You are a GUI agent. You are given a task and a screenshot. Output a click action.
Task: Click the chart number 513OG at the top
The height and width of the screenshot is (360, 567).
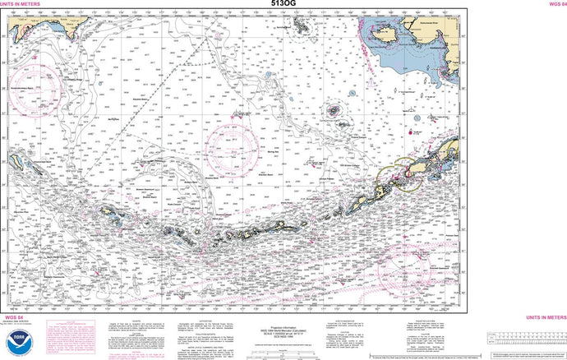[x=283, y=5]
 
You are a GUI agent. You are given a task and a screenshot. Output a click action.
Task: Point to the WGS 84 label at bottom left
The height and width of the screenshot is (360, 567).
[x=14, y=316]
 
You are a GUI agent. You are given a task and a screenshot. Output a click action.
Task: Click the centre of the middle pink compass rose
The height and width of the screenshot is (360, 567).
[x=233, y=146]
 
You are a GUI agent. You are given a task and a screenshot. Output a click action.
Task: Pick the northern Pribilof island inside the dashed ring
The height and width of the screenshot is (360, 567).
[x=334, y=108]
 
